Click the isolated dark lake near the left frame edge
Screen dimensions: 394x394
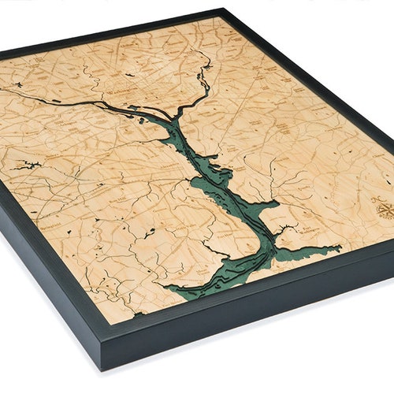tap(28, 165)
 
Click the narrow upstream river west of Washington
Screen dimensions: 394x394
tap(47, 95)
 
